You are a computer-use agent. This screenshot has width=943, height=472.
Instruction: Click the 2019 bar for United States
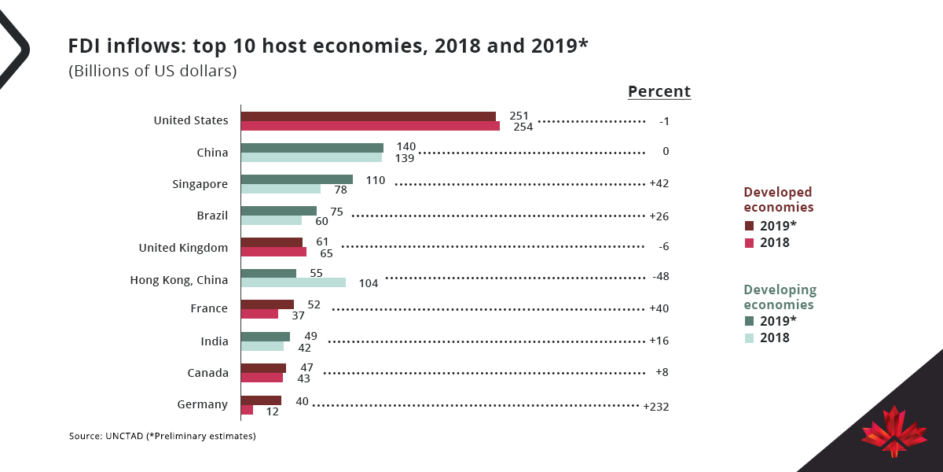pos(368,116)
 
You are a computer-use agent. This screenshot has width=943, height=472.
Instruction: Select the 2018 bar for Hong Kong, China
pos(292,282)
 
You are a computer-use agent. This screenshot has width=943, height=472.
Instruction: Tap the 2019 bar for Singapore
pos(296,179)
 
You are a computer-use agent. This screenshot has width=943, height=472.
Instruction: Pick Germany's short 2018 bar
pos(247,410)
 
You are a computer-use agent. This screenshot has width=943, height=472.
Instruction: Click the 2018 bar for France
pos(259,314)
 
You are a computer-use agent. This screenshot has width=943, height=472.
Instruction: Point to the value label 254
pos(523,127)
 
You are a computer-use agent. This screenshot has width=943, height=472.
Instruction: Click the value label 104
pos(368,283)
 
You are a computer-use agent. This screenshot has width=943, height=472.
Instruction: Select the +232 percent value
pos(656,407)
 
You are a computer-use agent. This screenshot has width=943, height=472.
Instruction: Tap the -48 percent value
pos(660,277)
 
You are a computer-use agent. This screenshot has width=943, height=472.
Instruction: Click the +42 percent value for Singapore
pos(659,183)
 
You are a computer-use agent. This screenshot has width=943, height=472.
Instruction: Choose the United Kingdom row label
pos(183,247)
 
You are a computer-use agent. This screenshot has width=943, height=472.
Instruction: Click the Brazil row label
pos(212,216)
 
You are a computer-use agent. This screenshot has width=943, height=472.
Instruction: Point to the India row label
pos(215,341)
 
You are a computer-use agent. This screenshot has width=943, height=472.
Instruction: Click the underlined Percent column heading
pos(659,91)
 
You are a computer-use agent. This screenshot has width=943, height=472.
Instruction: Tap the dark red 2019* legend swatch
pos(749,226)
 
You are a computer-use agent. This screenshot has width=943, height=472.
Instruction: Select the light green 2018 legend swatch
pos(749,338)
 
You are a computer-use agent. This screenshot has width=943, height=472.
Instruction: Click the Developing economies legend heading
pos(780,297)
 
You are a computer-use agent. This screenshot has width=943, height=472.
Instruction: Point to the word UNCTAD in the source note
pos(123,435)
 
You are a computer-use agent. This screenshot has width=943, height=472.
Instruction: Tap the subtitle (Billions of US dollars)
pos(152,71)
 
